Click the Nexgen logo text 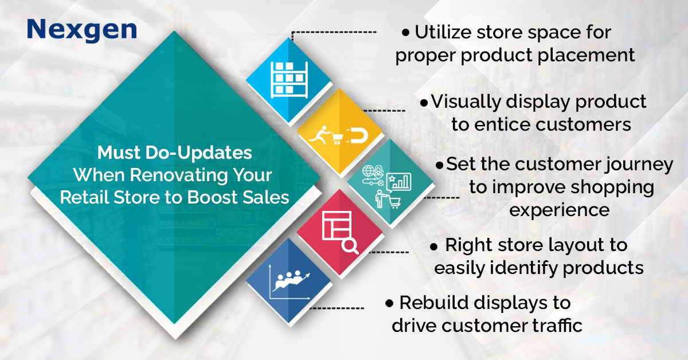pyautogui.click(x=81, y=30)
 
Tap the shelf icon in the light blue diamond pyautogui.click(x=289, y=80)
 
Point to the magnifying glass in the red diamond pyautogui.click(x=350, y=246)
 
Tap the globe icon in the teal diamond pyautogui.click(x=368, y=171)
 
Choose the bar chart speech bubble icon pyautogui.click(x=398, y=182)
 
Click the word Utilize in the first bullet pyautogui.click(x=443, y=32)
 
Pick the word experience pyautogui.click(x=560, y=211)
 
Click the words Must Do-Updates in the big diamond pyautogui.click(x=175, y=152)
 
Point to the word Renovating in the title pyautogui.click(x=179, y=175)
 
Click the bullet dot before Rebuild pyautogui.click(x=389, y=303)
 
